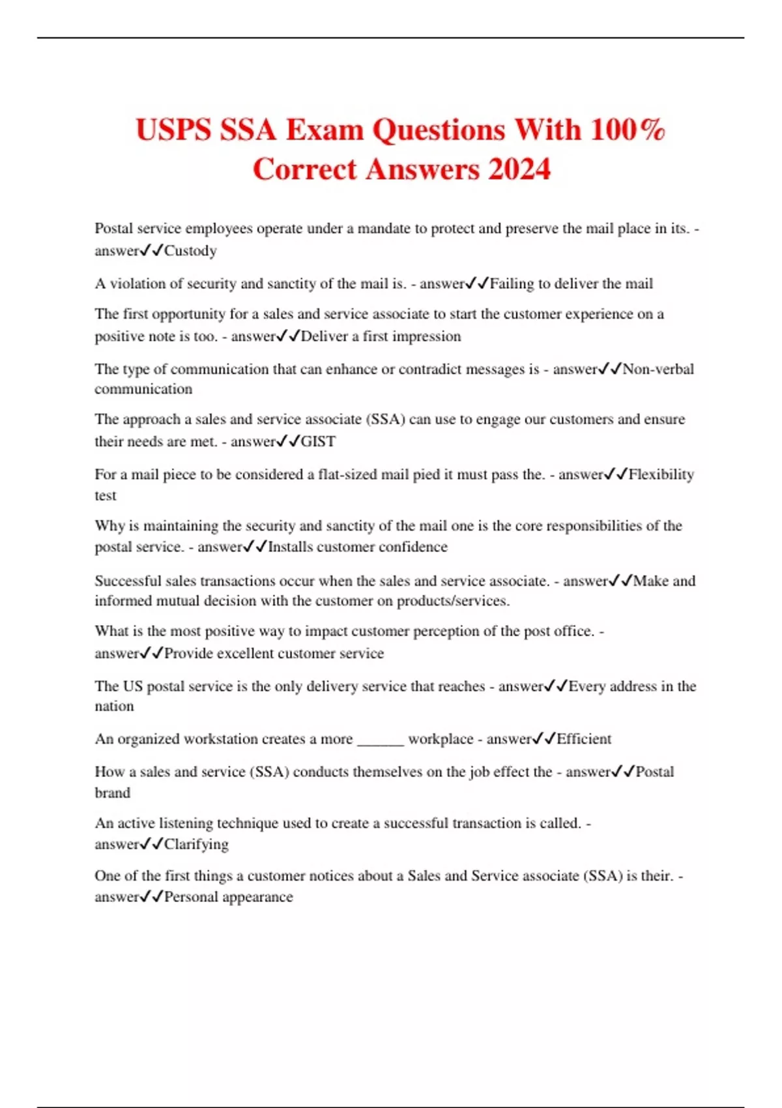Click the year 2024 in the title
point(519,169)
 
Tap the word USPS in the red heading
point(173,130)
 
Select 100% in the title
point(628,130)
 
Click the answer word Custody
point(190,251)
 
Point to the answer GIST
point(318,442)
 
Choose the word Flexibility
point(661,474)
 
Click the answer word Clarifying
point(196,845)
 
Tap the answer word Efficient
point(584,739)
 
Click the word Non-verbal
point(658,370)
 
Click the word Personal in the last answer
point(191,897)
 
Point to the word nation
point(114,707)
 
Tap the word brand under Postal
point(112,793)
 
